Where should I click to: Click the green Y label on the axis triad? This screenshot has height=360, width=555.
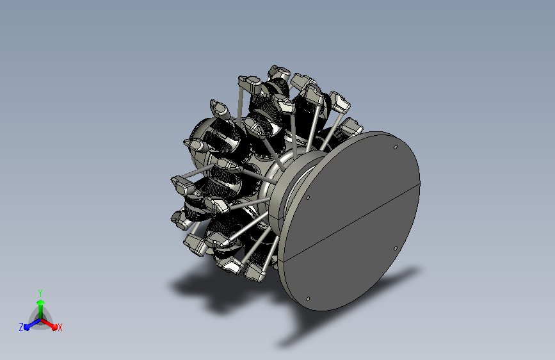40,293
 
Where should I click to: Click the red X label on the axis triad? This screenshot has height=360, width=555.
60,327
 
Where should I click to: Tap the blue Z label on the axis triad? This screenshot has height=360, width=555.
21,327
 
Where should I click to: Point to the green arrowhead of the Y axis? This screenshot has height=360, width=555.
40,303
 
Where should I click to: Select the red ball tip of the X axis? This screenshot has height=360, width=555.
54,327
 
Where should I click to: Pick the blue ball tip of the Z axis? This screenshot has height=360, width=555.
27,327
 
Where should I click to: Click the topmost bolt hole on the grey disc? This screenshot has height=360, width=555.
396,147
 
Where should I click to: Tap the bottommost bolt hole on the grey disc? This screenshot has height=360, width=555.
307,299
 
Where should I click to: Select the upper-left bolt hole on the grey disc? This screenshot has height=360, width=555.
307,197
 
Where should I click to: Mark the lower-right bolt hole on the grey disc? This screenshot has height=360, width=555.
396,249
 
